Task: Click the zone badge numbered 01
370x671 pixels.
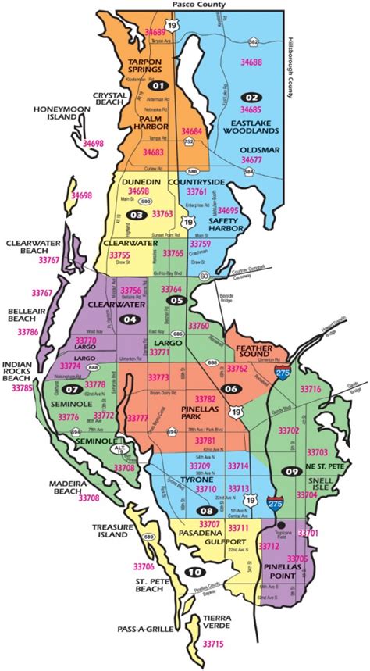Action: point(160,85)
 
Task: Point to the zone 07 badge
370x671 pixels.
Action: point(73,389)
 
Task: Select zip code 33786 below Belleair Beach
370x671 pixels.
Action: point(27,332)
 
